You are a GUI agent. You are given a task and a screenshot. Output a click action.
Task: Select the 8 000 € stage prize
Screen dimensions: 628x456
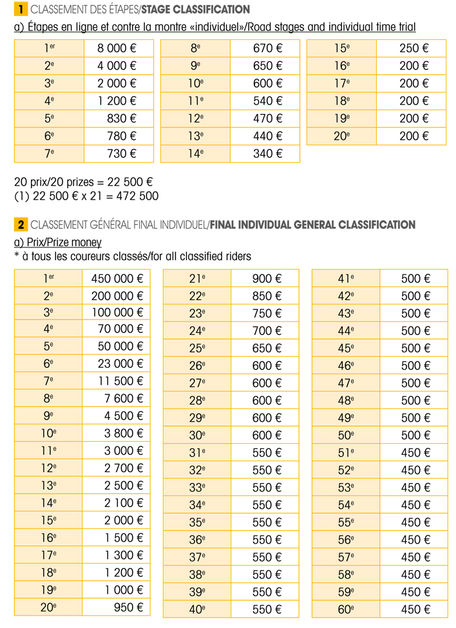click(117, 48)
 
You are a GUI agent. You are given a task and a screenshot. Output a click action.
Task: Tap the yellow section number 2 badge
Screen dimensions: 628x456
click(21, 225)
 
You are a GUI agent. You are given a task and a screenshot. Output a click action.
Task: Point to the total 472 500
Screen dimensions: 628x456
click(128, 196)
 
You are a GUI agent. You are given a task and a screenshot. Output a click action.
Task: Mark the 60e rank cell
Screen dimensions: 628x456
click(346, 609)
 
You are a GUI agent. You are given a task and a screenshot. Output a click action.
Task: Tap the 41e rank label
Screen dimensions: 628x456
click(346, 279)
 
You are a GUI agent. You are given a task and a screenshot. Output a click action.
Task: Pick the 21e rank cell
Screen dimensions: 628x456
click(197, 279)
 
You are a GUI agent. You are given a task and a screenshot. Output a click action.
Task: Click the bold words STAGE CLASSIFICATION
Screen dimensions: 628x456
click(195, 10)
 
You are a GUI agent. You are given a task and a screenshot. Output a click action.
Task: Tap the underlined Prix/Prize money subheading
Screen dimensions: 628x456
click(57, 242)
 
